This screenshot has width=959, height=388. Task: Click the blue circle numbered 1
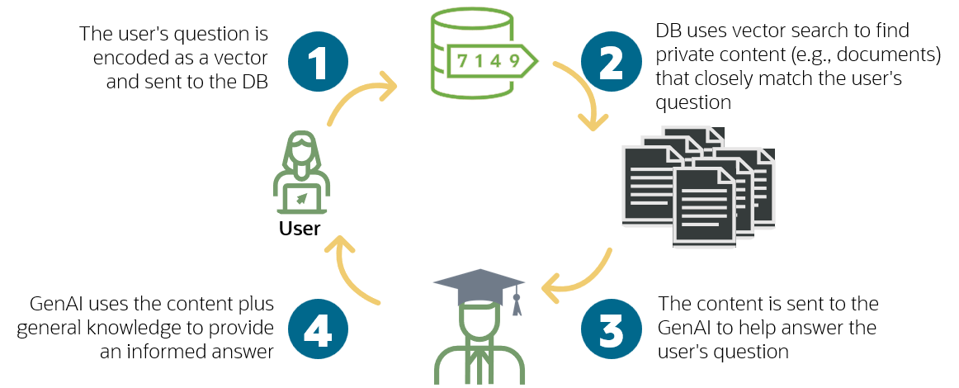(318, 60)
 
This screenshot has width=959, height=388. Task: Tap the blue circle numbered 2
(612, 60)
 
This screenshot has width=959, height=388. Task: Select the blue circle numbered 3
(612, 329)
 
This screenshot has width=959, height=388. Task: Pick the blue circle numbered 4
(318, 329)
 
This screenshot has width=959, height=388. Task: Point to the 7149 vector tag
(489, 60)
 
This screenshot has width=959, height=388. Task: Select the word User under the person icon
(300, 227)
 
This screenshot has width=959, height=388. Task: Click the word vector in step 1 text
(248, 60)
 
